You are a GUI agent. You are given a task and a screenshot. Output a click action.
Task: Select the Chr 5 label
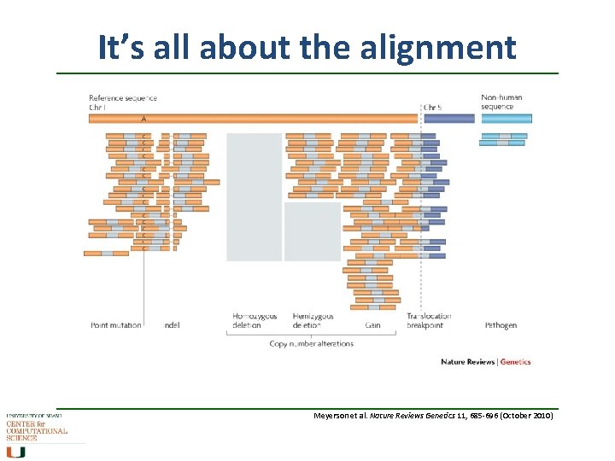pyautogui.click(x=433, y=108)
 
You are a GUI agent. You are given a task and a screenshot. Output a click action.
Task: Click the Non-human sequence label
pyautogui.click(x=498, y=102)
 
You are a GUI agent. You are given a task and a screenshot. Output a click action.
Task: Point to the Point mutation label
pyautogui.click(x=115, y=325)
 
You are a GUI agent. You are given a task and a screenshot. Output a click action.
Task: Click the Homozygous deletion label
pyautogui.click(x=255, y=320)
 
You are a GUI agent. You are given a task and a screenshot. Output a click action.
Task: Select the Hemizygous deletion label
pyautogui.click(x=313, y=320)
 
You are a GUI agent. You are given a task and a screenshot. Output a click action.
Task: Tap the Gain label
pyautogui.click(x=372, y=325)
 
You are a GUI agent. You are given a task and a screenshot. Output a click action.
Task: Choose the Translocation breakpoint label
pyautogui.click(x=429, y=320)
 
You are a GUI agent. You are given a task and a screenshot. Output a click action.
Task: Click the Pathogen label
pyautogui.click(x=501, y=325)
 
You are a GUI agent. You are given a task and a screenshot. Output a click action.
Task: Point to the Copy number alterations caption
pyautogui.click(x=311, y=343)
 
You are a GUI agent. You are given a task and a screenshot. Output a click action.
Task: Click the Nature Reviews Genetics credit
pyautogui.click(x=485, y=362)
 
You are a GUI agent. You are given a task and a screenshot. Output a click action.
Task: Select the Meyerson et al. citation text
pyautogui.click(x=434, y=416)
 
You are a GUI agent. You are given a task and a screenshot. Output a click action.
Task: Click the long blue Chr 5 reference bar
pyautogui.click(x=449, y=119)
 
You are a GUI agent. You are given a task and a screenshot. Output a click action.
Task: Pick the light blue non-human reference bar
pyautogui.click(x=506, y=119)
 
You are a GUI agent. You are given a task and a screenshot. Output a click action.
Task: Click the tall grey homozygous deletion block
pyautogui.click(x=254, y=196)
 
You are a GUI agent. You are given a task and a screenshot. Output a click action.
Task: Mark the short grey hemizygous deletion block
pyautogui.click(x=312, y=231)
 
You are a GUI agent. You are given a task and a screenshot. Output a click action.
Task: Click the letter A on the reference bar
pyautogui.click(x=143, y=119)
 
